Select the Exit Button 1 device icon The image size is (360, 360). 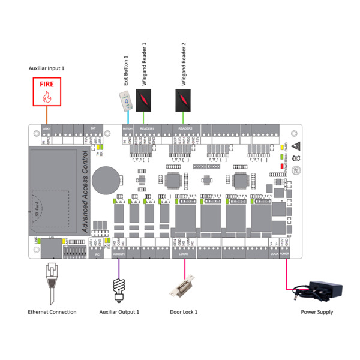124,103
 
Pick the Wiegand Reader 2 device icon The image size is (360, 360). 184,100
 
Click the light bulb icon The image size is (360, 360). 119,286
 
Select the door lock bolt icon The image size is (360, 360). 184,289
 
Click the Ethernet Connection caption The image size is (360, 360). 52,312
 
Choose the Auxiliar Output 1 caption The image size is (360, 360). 119,312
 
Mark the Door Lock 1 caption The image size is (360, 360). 183,312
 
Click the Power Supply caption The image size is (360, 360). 317,312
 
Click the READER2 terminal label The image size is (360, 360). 185,128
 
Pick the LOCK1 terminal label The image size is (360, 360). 184,254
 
